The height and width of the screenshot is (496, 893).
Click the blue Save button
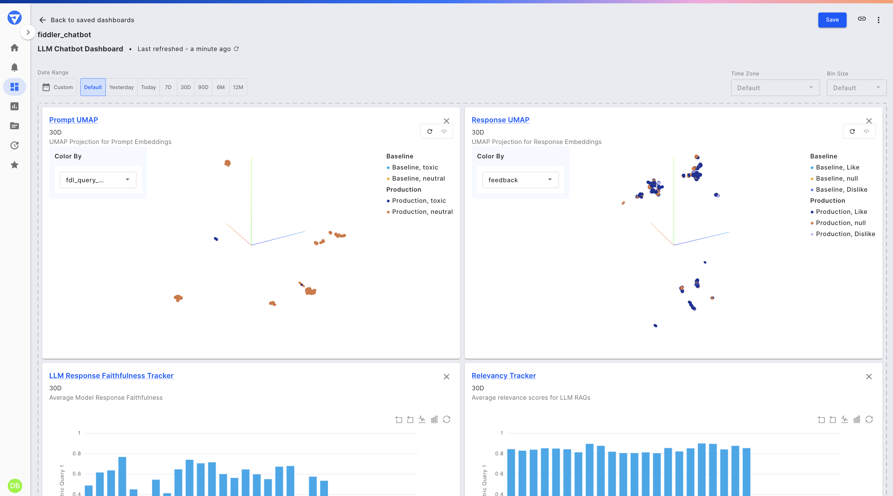click(832, 20)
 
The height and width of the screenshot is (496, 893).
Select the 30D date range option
click(185, 87)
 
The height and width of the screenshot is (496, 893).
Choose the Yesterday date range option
click(121, 87)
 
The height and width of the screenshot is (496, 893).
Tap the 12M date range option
click(238, 87)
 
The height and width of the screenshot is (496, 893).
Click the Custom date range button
click(57, 87)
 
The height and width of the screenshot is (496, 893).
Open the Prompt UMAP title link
click(74, 120)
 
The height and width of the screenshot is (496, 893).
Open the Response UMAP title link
click(500, 120)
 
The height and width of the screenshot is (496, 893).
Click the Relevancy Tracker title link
click(503, 375)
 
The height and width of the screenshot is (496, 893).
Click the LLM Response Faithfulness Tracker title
click(111, 375)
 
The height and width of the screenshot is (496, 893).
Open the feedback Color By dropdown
click(520, 180)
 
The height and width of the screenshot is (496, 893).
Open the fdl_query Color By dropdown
click(98, 180)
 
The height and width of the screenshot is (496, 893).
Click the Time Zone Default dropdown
click(775, 88)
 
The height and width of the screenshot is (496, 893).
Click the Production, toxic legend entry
click(418, 201)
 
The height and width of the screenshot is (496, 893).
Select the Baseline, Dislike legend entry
click(841, 189)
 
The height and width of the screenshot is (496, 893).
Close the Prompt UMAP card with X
click(446, 121)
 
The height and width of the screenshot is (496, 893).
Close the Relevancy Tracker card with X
click(869, 376)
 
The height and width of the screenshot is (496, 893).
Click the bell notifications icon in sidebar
click(14, 67)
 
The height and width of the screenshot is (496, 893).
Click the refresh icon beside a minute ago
click(236, 49)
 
